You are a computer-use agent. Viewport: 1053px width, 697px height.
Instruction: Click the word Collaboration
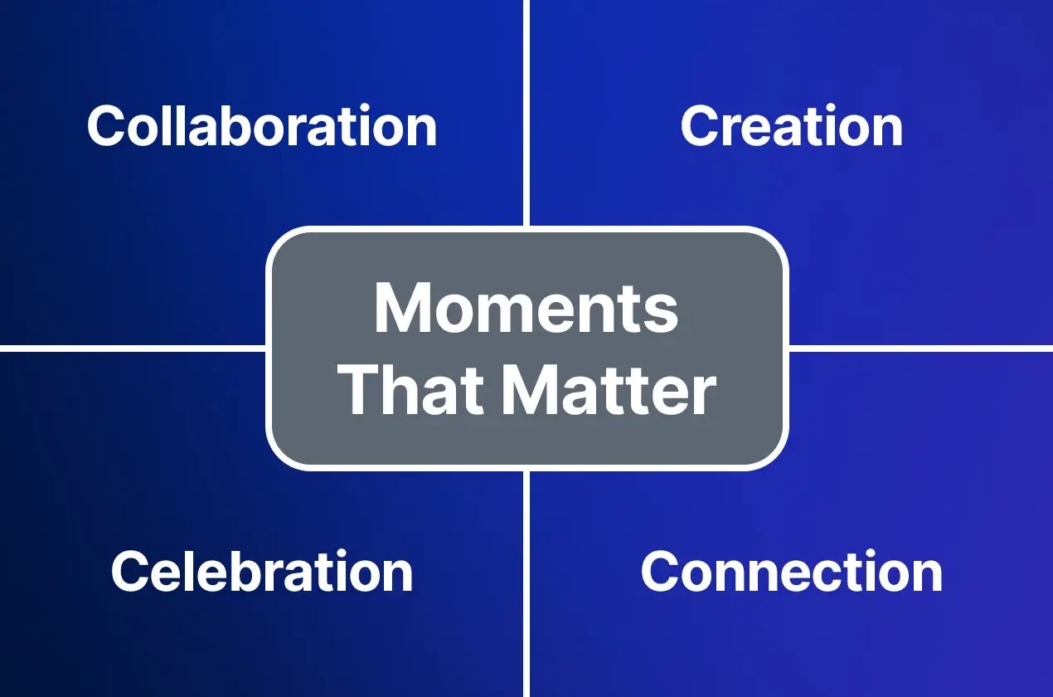pos(262,127)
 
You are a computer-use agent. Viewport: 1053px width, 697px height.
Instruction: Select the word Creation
pos(791,127)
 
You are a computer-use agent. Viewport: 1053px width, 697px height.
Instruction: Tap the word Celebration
pos(262,572)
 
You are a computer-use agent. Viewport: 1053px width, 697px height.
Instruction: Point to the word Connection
pos(791,572)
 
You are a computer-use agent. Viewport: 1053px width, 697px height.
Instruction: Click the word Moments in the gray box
pos(526,309)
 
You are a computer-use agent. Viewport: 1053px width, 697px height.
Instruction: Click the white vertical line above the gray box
pos(526,112)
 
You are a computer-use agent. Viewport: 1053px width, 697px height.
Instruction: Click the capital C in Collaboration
pos(105,127)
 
